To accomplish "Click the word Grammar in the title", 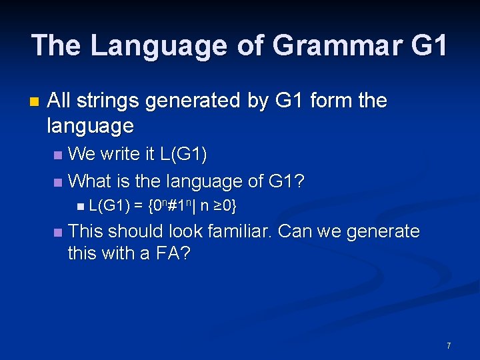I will point(337,45).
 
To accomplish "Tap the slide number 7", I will point(449,345).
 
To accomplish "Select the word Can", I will point(294,231).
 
